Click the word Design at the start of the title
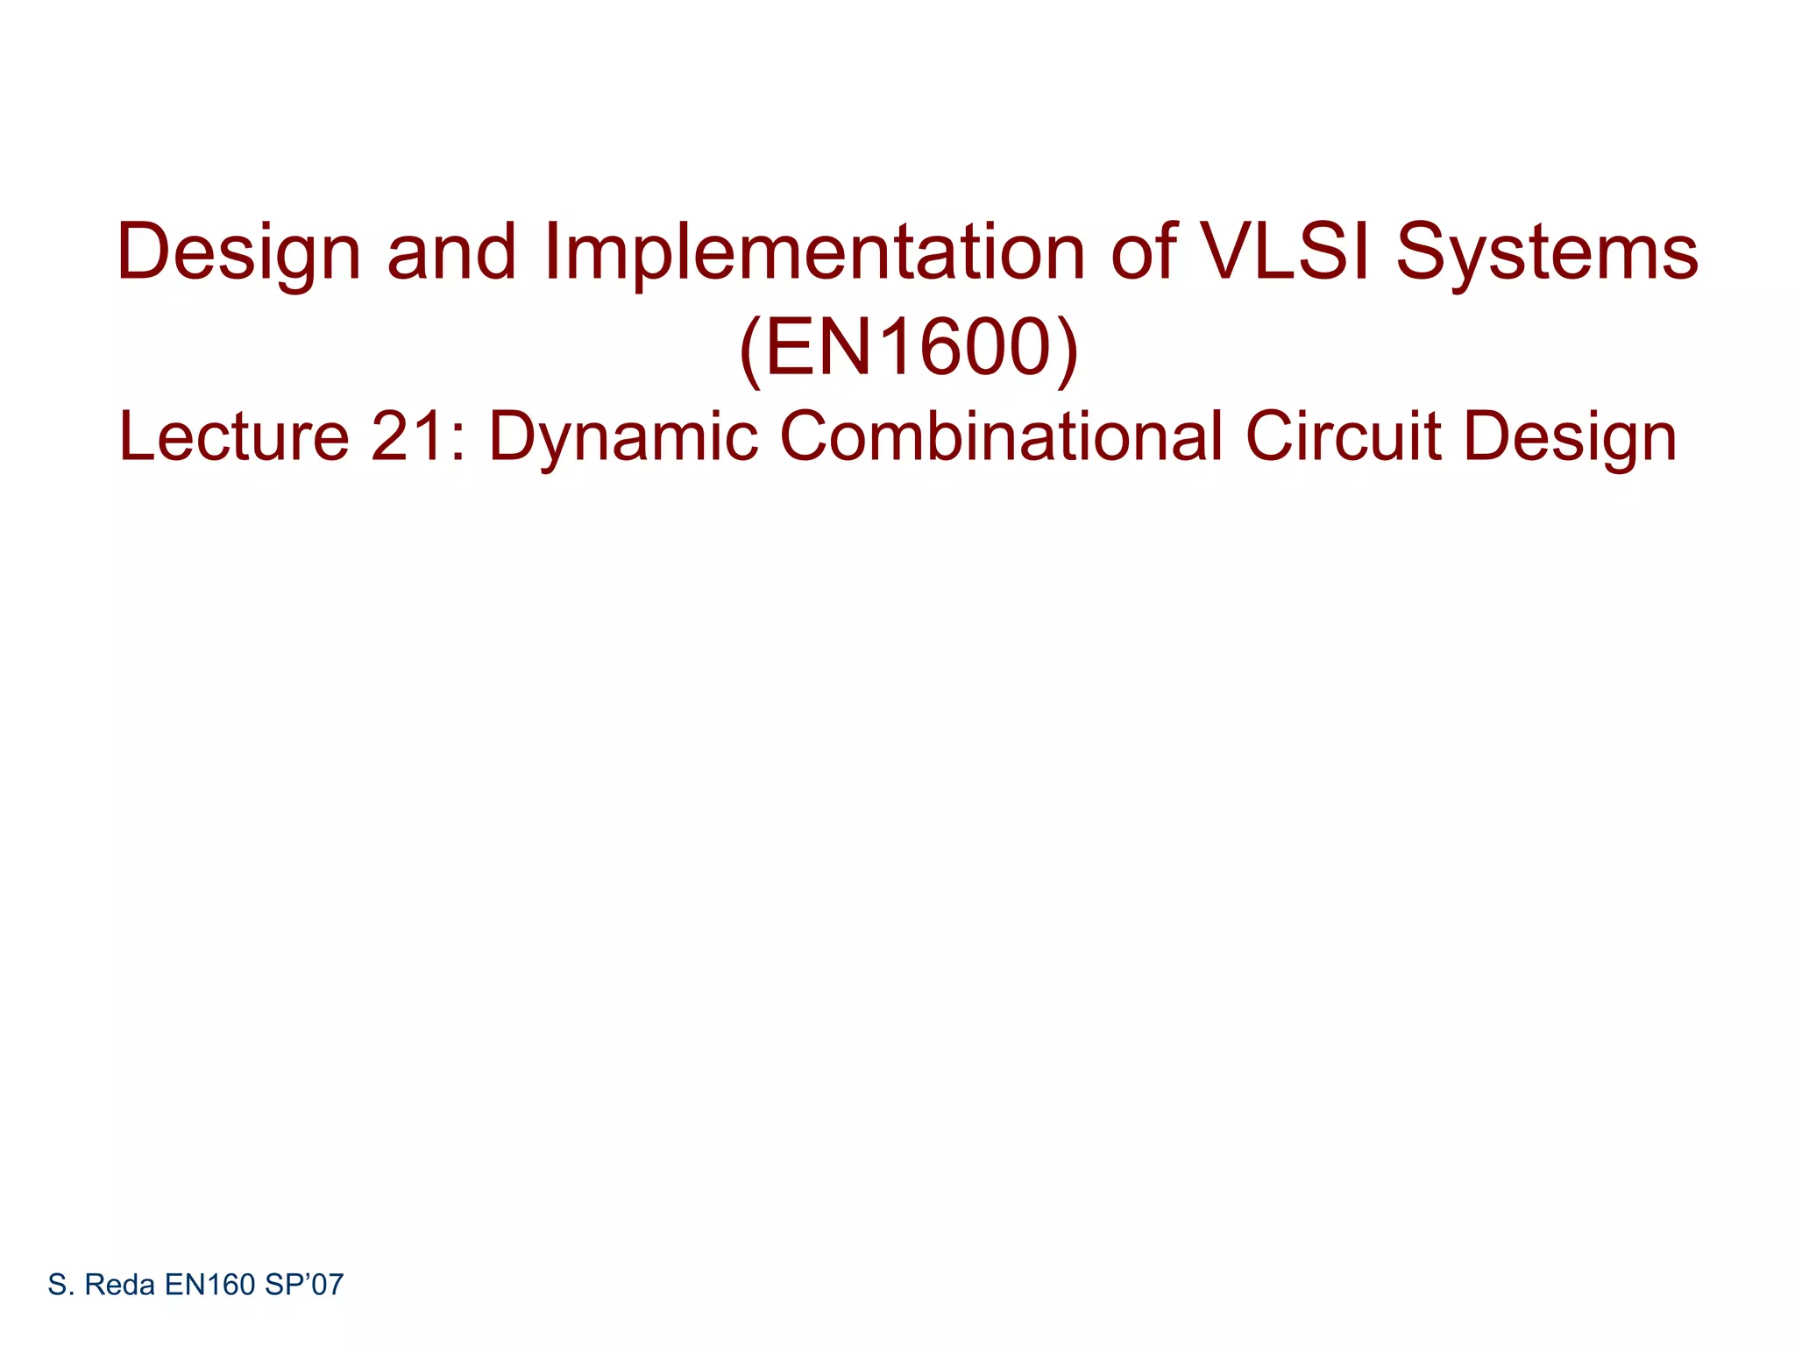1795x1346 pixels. pyautogui.click(x=238, y=254)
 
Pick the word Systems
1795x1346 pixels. pyautogui.click(x=1547, y=254)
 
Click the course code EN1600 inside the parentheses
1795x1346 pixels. pyautogui.click(x=909, y=348)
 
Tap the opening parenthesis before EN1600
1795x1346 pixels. pyautogui.click(x=752, y=351)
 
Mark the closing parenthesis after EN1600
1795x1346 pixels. pyautogui.click(x=1067, y=351)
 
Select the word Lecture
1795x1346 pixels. pyautogui.click(x=234, y=436)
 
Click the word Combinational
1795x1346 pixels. pyautogui.click(x=1001, y=436)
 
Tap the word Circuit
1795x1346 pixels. pyautogui.click(x=1343, y=436)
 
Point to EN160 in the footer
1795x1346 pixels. pyautogui.click(x=209, y=1285)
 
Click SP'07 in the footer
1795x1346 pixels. pyautogui.click(x=303, y=1285)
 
